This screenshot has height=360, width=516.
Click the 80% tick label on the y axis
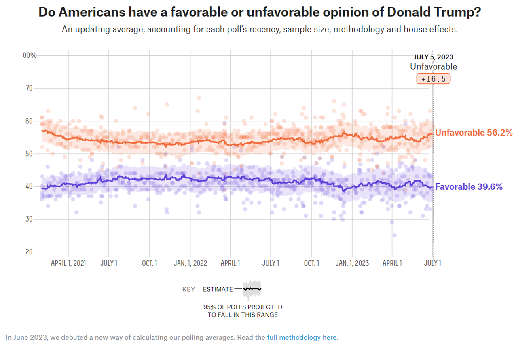tap(30, 55)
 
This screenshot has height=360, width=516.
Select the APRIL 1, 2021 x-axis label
tap(68, 263)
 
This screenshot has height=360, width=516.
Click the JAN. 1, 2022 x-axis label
tap(190, 263)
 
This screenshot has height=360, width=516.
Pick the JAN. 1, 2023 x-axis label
tap(352, 263)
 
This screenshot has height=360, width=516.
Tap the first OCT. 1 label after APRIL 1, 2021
tap(149, 263)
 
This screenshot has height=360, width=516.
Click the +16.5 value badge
tap(434, 79)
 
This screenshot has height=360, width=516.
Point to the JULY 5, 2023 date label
tap(434, 57)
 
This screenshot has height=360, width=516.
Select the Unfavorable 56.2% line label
tap(474, 133)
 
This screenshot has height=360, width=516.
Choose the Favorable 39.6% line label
tap(469, 187)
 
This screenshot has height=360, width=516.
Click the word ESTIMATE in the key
tap(218, 289)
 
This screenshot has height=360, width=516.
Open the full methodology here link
tap(302, 337)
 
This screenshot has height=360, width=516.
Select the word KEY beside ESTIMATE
tap(188, 289)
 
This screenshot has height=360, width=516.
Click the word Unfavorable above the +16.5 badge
tap(434, 66)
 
